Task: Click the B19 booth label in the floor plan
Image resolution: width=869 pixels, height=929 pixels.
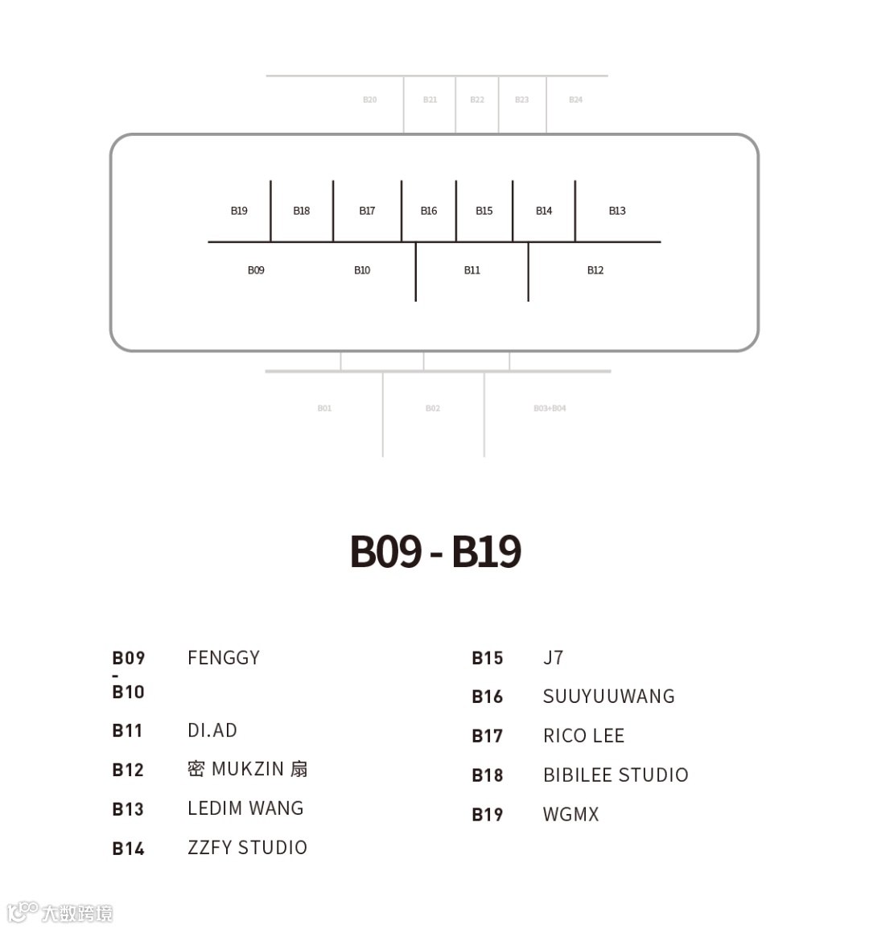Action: (x=239, y=211)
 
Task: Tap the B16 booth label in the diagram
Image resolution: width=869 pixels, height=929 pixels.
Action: (x=429, y=211)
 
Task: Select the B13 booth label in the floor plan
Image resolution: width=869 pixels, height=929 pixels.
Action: (x=617, y=211)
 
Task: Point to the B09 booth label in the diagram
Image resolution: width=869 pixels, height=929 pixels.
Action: (x=256, y=270)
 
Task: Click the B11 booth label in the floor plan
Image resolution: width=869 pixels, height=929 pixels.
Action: (x=472, y=270)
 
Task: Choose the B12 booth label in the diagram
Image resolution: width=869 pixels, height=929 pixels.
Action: (x=595, y=270)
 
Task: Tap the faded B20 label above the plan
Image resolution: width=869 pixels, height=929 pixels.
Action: (x=369, y=100)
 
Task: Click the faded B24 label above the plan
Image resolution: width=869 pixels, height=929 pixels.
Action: (x=575, y=100)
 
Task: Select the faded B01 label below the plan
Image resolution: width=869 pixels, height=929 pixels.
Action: (x=324, y=409)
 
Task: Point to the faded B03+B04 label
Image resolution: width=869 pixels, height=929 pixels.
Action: (x=550, y=409)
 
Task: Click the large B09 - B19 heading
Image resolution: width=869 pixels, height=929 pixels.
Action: (x=435, y=552)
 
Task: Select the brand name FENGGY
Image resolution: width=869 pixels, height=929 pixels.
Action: (x=224, y=658)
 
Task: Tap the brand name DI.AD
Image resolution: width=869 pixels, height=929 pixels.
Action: (x=212, y=730)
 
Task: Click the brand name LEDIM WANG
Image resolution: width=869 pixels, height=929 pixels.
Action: (x=245, y=808)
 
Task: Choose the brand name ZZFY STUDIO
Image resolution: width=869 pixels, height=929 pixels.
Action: (x=247, y=848)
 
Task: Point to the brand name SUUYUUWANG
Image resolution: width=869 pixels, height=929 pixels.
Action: (x=609, y=697)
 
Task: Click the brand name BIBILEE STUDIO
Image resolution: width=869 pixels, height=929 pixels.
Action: (x=616, y=775)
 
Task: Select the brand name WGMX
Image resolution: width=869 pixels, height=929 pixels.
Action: (x=571, y=815)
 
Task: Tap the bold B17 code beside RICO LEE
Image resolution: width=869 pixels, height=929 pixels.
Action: (x=487, y=736)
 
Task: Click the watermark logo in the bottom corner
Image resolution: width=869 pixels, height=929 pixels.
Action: (x=60, y=913)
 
